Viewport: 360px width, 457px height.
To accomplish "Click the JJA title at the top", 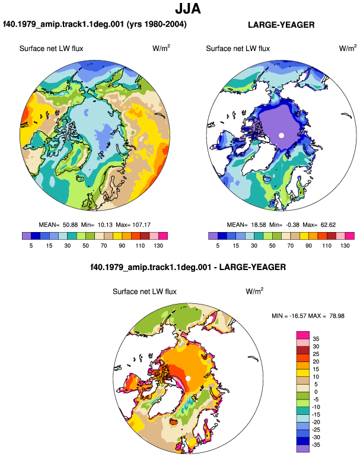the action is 188,8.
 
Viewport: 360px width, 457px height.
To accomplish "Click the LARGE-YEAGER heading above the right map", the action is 281,25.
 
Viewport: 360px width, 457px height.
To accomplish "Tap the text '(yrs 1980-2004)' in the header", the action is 157,24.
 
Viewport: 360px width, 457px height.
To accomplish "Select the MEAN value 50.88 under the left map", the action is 70,225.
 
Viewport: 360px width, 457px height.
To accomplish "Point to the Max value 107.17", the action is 141,225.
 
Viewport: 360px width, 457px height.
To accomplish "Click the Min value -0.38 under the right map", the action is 292,225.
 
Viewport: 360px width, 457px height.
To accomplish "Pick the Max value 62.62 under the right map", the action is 328,225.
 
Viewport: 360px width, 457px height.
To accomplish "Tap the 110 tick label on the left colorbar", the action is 140,246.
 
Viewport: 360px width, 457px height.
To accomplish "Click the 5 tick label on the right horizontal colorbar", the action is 218,246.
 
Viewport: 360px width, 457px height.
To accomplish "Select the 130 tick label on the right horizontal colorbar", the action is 345,246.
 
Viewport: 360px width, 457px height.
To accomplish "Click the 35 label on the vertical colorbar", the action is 316,339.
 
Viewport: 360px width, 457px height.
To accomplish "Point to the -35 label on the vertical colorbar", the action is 316,445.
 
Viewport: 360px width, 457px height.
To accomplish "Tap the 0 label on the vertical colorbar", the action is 316,392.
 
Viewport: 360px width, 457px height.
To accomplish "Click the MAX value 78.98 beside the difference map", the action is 337,316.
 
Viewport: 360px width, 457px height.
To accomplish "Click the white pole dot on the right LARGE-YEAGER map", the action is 281,135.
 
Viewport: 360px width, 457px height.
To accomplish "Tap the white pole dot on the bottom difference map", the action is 188,378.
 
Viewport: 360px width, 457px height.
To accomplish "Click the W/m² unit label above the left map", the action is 161,48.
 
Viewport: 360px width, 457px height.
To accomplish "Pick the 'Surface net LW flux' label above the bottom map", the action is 145,292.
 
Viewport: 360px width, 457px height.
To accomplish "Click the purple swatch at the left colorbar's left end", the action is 27,236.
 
